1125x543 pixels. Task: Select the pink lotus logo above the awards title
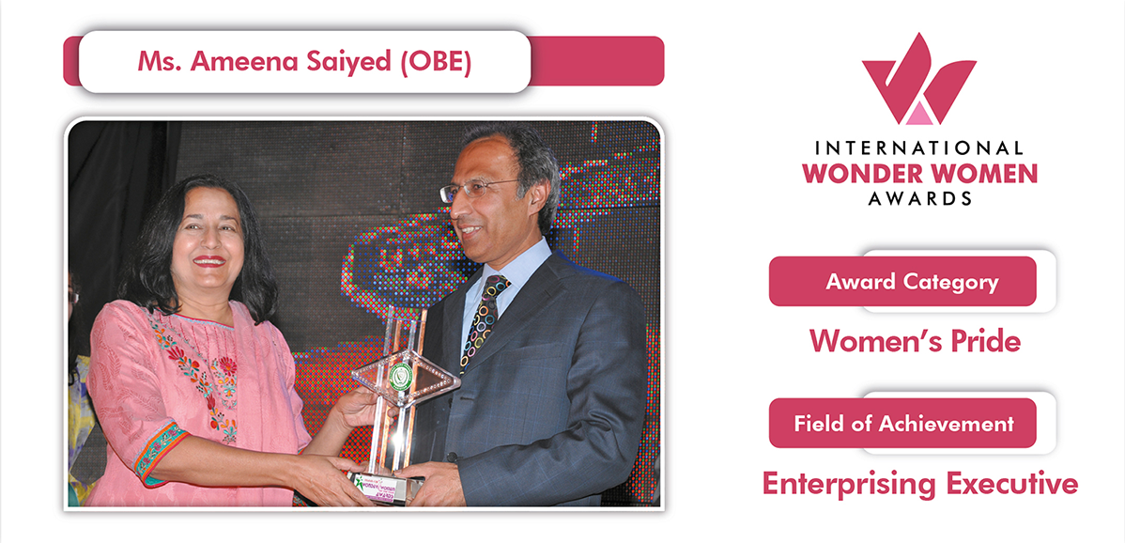(919, 79)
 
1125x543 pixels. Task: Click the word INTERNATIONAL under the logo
(919, 148)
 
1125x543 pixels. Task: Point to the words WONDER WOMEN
(919, 174)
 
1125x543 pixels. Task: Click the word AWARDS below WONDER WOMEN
(919, 198)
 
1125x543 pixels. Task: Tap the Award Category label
(912, 282)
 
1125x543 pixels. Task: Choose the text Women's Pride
(915, 341)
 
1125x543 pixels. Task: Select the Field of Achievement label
(903, 423)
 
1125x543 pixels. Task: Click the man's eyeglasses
(478, 190)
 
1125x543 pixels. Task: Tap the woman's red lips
(209, 260)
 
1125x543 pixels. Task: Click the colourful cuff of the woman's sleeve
(160, 452)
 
